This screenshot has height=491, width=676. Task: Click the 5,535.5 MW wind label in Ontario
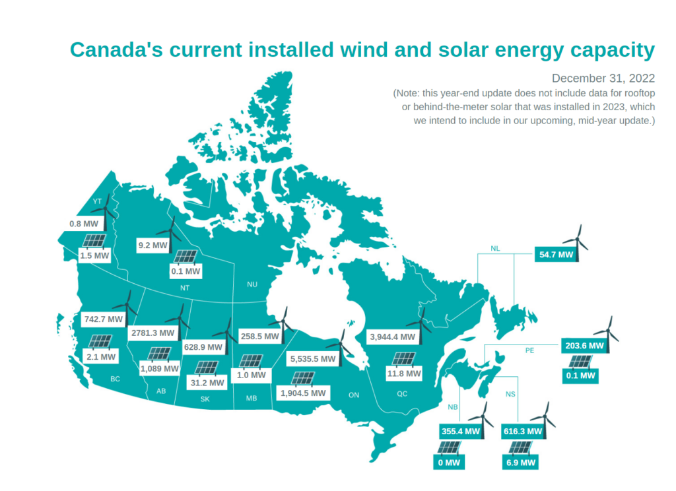pos(312,358)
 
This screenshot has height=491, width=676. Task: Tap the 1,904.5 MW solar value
pos(303,393)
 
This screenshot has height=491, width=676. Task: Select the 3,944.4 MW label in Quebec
pos(392,337)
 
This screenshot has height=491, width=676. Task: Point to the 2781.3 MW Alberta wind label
pos(152,333)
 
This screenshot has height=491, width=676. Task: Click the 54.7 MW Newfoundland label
pos(556,254)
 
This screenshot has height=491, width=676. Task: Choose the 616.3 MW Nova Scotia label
pos(523,432)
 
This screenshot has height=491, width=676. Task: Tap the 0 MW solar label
pos(449,463)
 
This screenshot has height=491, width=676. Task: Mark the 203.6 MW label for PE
pos(585,346)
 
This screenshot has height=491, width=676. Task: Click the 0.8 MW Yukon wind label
pos(84,224)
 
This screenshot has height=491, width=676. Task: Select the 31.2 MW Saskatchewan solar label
pos(207,383)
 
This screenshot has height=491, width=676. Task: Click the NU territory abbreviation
pos(252,284)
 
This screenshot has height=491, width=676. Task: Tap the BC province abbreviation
pos(115,379)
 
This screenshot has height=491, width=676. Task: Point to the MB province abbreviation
pos(252,398)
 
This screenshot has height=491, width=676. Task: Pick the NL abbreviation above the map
pos(495,248)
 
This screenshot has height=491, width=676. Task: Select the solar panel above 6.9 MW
pos(521,448)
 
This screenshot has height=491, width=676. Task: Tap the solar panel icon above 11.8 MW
pos(403,359)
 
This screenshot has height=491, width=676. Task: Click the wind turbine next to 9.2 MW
pos(170,234)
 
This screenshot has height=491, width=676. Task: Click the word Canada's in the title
pos(116,49)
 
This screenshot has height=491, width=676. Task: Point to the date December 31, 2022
pos(603,78)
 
